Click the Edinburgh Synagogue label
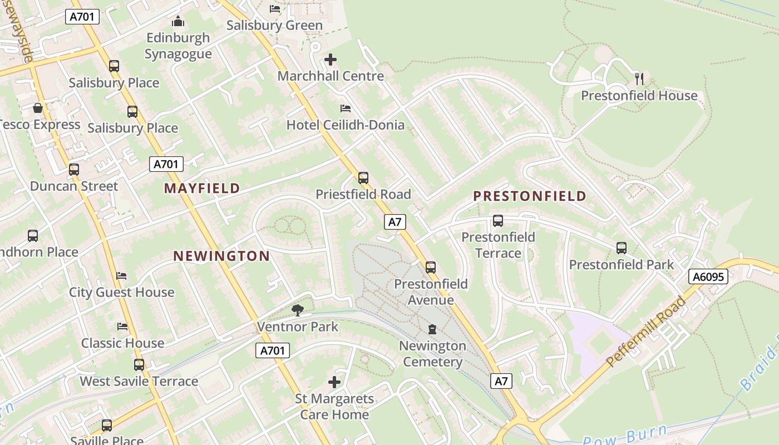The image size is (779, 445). tap(178, 46)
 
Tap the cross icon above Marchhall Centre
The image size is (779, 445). tap(331, 60)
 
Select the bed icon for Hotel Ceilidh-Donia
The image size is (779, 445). tap(346, 108)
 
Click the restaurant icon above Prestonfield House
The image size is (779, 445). tap(639, 79)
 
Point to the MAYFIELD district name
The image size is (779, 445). tap(202, 189)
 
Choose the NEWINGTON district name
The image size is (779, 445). tap(221, 256)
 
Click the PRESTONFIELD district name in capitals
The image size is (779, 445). tap(530, 196)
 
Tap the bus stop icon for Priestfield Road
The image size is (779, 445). tap(363, 178)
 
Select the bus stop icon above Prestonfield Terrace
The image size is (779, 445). tap(498, 221)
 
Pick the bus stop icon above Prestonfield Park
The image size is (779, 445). tap(622, 248)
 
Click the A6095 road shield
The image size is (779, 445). tap(708, 276)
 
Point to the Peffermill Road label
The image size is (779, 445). tap(645, 332)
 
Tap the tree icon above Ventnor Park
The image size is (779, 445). tap(298, 310)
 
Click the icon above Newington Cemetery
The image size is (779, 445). tap(432, 330)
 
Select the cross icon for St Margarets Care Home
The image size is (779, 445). tap(334, 382)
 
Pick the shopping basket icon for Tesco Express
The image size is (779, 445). tap(38, 108)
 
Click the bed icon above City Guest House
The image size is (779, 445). tap(121, 276)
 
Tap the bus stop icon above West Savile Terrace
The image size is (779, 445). tap(139, 365)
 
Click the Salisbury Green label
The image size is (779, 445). tap(274, 26)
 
